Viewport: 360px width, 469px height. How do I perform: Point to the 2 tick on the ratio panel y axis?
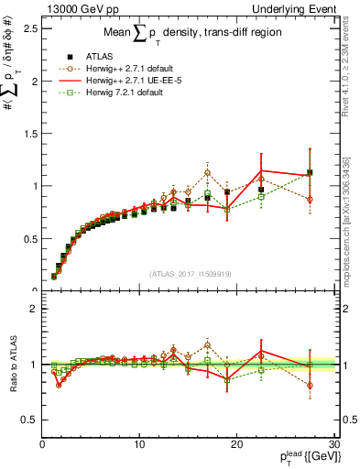[33, 309]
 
